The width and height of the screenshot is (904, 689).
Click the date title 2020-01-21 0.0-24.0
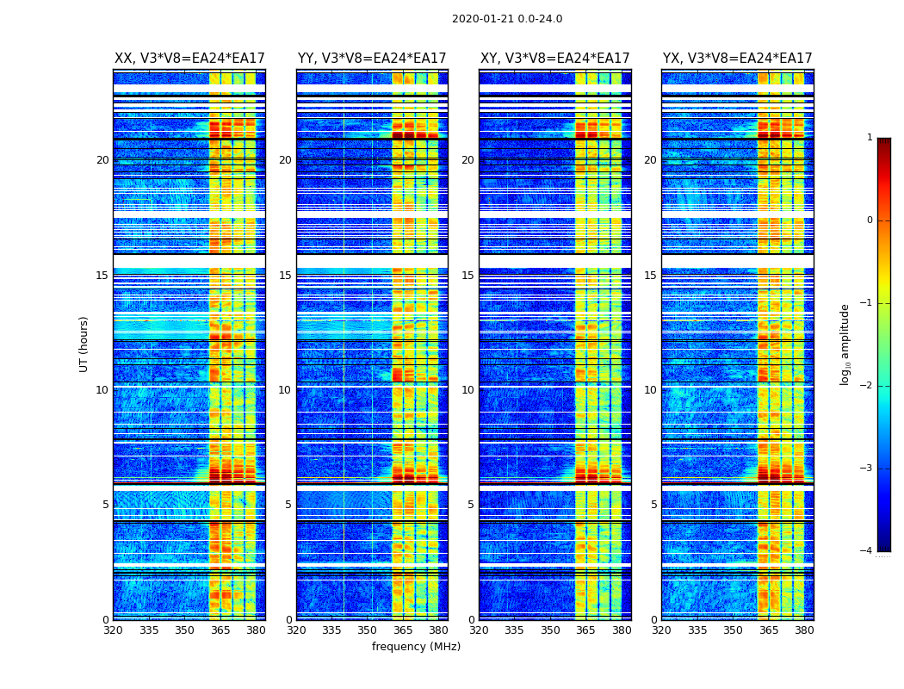507,19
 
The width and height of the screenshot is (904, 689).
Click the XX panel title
189,59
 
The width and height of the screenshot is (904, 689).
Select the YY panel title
372,59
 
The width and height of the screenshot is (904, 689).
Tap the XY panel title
555,59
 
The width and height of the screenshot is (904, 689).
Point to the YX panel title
738,59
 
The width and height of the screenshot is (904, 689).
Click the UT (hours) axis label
84,344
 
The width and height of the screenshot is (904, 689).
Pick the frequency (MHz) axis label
416,647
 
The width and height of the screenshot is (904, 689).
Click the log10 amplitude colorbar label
845,344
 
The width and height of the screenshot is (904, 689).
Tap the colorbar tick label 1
869,138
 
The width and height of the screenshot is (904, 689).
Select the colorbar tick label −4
866,551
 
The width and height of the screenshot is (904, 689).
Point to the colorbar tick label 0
869,220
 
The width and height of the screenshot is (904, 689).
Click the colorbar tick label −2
866,386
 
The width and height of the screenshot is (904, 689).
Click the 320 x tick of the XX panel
113,630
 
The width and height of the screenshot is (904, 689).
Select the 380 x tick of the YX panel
804,630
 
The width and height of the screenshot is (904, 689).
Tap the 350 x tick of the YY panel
368,630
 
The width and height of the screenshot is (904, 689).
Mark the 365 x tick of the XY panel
585,630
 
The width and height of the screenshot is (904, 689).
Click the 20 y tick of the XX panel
102,160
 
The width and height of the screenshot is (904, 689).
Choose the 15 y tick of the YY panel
285,276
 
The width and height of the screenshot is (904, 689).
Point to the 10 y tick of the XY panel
467,390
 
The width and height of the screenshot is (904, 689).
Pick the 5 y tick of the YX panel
653,505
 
